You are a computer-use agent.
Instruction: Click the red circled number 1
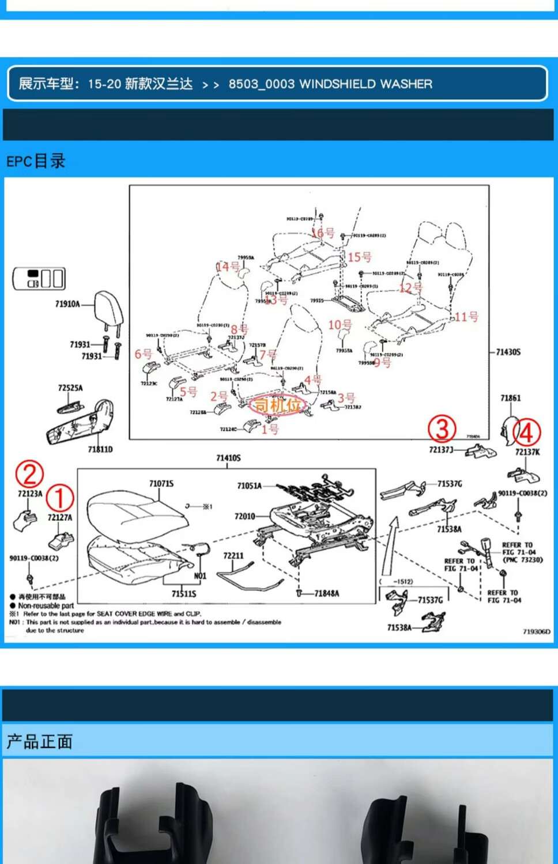click(59, 497)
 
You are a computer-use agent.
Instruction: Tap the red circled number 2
click(29, 473)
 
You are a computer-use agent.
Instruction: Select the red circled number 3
click(442, 429)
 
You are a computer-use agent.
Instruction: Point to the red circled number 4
click(527, 432)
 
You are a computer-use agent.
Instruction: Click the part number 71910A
click(67, 304)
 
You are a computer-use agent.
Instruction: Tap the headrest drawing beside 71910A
click(108, 309)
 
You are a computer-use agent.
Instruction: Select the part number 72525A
click(70, 388)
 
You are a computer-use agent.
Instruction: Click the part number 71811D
click(100, 449)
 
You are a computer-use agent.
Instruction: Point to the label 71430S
click(508, 352)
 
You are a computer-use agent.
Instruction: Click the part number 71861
click(510, 398)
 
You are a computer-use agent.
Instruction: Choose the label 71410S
click(228, 458)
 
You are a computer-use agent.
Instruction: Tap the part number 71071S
click(161, 483)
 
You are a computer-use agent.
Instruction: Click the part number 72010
click(244, 516)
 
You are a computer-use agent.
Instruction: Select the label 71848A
click(326, 593)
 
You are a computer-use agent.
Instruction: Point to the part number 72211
click(233, 555)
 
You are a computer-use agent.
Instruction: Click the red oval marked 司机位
click(277, 406)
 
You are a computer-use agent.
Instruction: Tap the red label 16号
click(323, 233)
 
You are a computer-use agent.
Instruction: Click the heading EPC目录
click(36, 161)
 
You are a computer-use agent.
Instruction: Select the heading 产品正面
click(39, 741)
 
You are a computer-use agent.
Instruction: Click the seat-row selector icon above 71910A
click(39, 279)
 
